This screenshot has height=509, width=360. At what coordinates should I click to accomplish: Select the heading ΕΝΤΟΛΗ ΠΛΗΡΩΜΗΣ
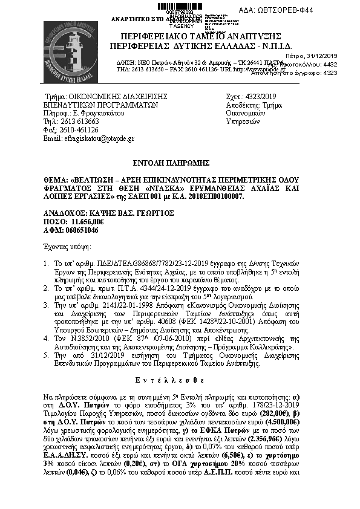[x=179, y=163]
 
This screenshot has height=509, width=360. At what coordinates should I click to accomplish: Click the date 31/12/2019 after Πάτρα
[x=339, y=56]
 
